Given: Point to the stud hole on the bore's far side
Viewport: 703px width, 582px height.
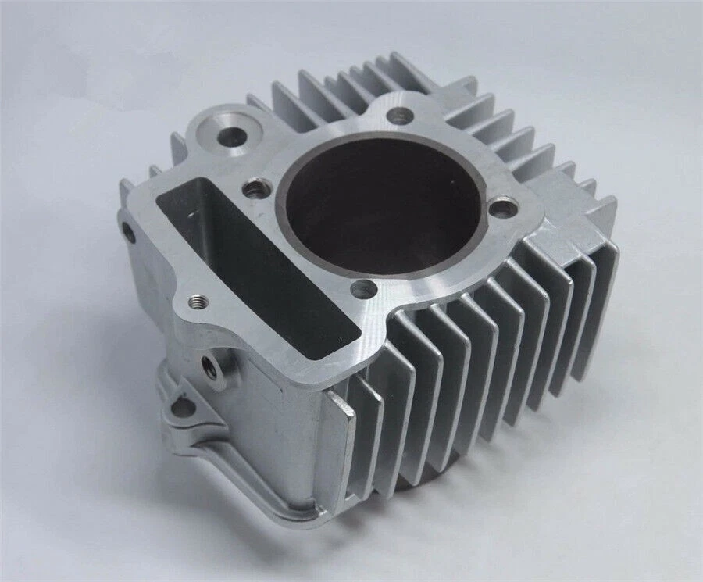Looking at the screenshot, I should coord(401,116).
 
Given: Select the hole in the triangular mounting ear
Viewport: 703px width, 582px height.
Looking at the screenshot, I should coord(182,405).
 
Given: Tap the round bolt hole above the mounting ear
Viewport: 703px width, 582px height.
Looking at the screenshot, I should coord(209,362).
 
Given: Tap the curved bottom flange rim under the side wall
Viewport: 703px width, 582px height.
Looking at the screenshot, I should coord(258,508).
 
